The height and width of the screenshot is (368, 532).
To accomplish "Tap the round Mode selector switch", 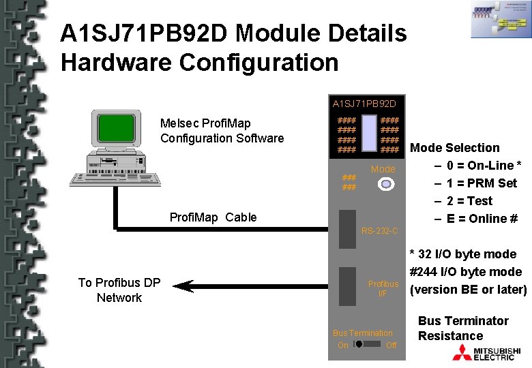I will pyautogui.click(x=385, y=184).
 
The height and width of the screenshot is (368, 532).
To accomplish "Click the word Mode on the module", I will pyautogui.click(x=383, y=169).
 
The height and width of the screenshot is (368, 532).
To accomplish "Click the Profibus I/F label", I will pyautogui.click(x=383, y=288).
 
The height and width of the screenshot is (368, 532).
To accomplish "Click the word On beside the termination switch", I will pyautogui.click(x=342, y=346).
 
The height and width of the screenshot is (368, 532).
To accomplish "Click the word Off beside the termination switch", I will pyautogui.click(x=391, y=346).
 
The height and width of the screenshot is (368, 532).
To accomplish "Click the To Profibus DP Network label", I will pyautogui.click(x=119, y=290).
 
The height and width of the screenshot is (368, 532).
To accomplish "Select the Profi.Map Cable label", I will pyautogui.click(x=213, y=217).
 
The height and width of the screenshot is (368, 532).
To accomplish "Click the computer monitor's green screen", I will pyautogui.click(x=115, y=129).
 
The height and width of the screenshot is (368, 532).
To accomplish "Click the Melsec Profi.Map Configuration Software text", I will pyautogui.click(x=222, y=131).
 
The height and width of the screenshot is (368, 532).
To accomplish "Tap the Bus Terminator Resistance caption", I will pyautogui.click(x=463, y=328).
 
